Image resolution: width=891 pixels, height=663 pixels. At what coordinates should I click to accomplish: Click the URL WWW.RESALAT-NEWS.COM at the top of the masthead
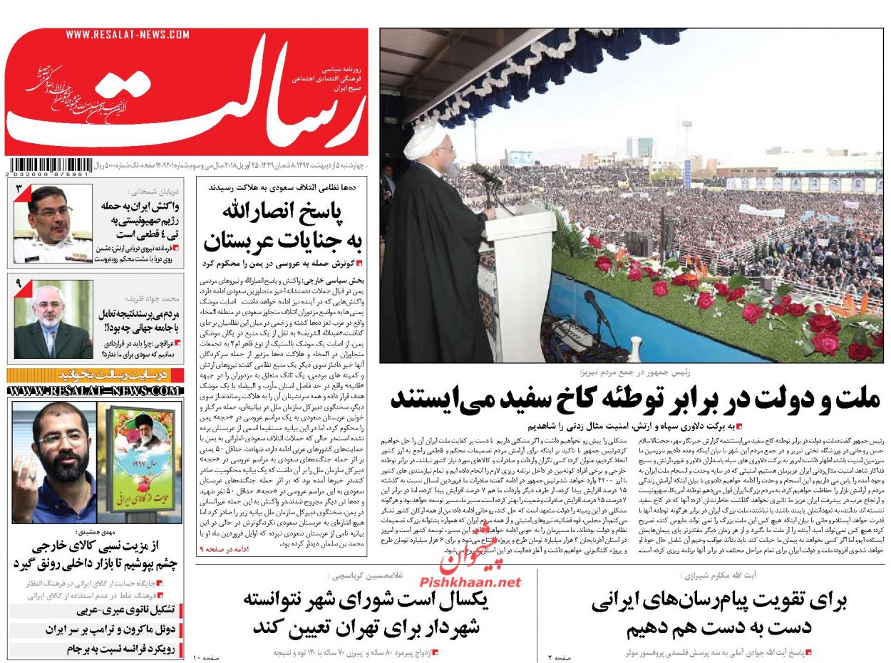click(x=128, y=34)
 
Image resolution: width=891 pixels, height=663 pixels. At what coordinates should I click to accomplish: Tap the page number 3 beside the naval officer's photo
click(x=20, y=190)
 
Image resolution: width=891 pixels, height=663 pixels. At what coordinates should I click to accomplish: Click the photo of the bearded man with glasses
click(x=53, y=461)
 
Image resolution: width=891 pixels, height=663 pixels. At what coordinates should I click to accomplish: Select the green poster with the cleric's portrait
click(x=144, y=463)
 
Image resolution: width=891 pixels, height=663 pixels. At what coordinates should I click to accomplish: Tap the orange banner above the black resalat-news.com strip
click(x=95, y=375)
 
